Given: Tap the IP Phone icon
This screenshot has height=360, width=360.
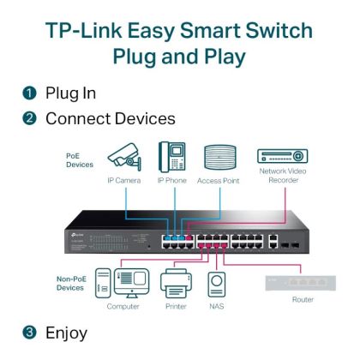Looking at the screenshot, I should point(171,158).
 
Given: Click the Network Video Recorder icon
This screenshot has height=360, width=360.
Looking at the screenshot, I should point(282,157).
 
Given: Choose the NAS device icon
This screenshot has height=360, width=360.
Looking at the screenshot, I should point(218,284).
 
